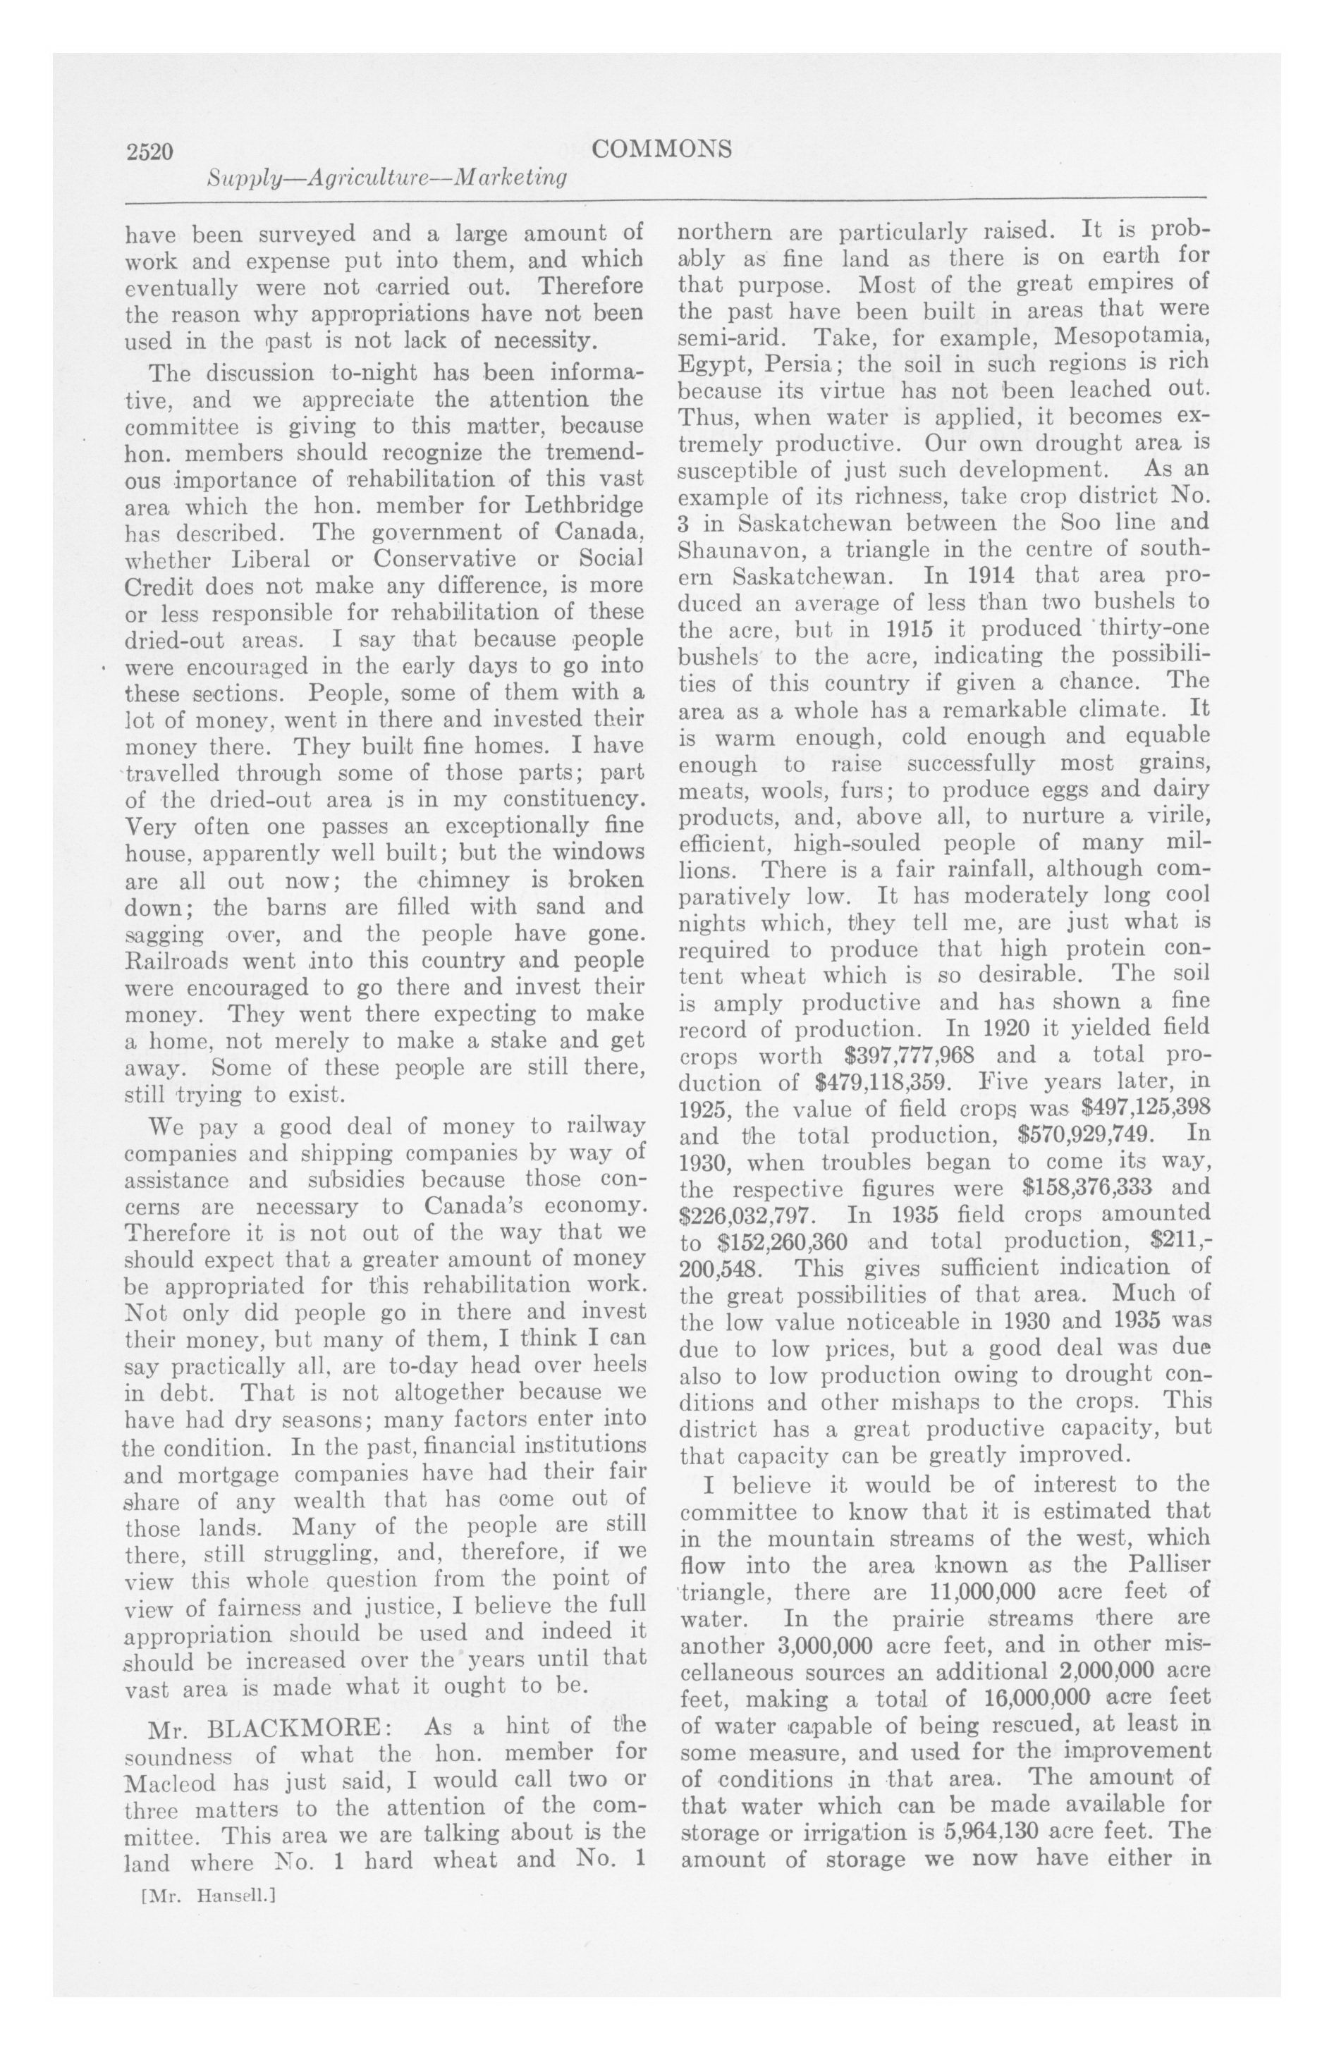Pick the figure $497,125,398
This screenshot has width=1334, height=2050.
tap(1140, 1107)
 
